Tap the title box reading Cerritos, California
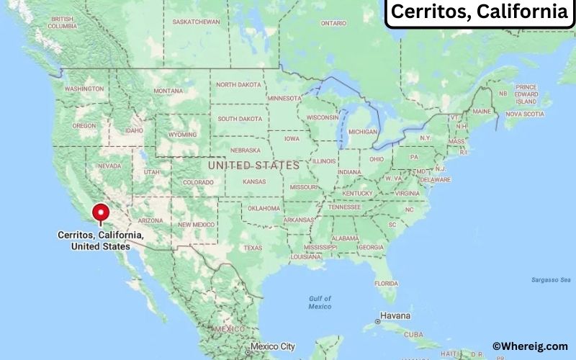pyautogui.click(x=479, y=12)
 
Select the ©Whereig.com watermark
pyautogui.click(x=530, y=346)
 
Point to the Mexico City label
pyautogui.click(x=273, y=346)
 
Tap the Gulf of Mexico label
pyautogui.click(x=320, y=302)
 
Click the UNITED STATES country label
pyautogui.click(x=253, y=166)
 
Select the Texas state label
pyautogui.click(x=253, y=248)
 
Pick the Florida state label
pyautogui.click(x=386, y=283)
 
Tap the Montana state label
pyautogui.click(x=168, y=91)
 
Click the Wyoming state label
pyautogui.click(x=182, y=134)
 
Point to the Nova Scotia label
pyautogui.click(x=524, y=114)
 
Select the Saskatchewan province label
pyautogui.click(x=196, y=22)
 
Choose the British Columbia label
pyautogui.click(x=62, y=22)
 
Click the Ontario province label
pyautogui.click(x=333, y=23)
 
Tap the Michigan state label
pyautogui.click(x=362, y=132)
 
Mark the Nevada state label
pyautogui.click(x=109, y=166)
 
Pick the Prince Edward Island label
pyautogui.click(x=526, y=94)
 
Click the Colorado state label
pyautogui.click(x=198, y=182)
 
